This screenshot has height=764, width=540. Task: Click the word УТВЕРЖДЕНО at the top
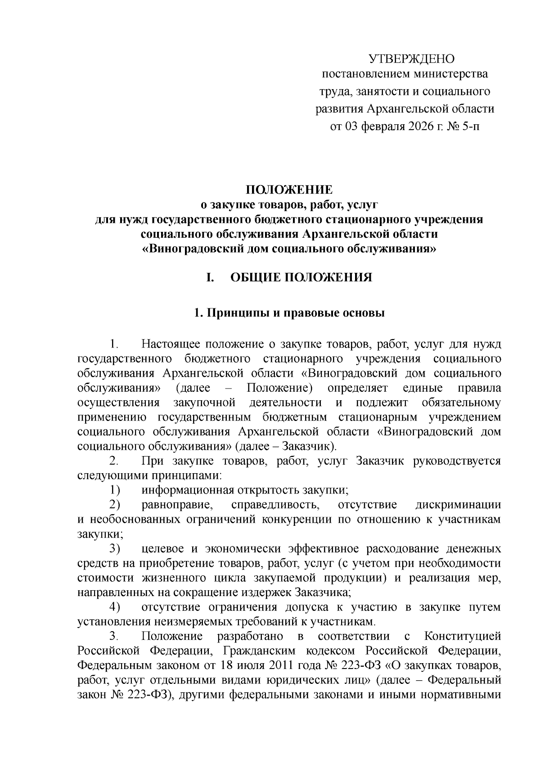(412, 59)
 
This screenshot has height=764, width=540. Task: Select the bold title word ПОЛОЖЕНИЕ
(289, 189)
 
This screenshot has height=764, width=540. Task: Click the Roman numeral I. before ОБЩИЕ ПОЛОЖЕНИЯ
(209, 277)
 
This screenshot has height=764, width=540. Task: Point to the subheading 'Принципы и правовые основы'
(295, 313)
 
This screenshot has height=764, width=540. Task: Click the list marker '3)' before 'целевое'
(115, 549)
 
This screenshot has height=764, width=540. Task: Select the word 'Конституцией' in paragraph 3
(463, 636)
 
